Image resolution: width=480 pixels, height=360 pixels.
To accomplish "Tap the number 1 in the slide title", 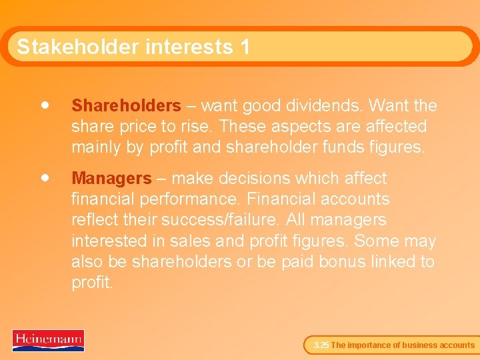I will pos(245,47).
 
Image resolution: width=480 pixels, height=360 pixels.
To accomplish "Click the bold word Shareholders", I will pos(126,106).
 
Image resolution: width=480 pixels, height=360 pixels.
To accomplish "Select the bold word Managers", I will pos(111,179).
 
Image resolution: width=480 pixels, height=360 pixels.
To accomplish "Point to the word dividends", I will pos(326,106).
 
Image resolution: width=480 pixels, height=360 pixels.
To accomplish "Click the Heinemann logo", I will pos(48,340).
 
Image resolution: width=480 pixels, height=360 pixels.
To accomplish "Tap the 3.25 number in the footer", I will pos(321,345).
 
